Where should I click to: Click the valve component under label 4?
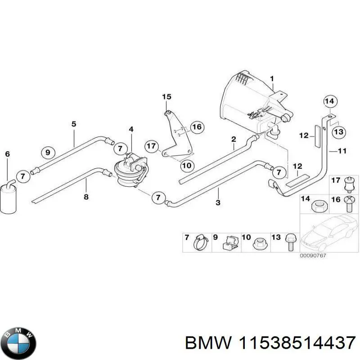pos(131,170)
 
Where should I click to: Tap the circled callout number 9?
pos(48,152)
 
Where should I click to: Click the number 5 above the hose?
pos(74,124)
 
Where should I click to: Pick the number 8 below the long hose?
pos(86,197)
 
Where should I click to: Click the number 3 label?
pos(218,203)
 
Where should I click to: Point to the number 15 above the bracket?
pos(167,97)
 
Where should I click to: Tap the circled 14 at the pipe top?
pos(330,102)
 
